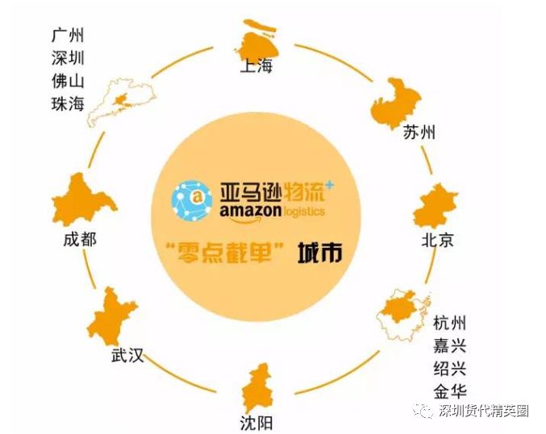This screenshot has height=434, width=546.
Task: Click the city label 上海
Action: [256, 65]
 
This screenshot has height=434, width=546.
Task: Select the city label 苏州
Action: [419, 132]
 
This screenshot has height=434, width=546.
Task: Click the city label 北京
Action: [437, 239]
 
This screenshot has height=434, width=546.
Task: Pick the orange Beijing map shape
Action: [435, 205]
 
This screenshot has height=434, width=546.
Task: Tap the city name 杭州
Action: [449, 324]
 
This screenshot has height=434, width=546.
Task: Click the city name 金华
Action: [449, 391]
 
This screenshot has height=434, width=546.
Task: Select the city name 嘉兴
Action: [449, 346]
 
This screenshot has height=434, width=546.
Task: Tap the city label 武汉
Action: [127, 354]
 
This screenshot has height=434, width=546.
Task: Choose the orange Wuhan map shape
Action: [113, 317]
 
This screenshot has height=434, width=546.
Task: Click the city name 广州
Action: [68, 35]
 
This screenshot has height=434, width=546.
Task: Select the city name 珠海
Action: [68, 103]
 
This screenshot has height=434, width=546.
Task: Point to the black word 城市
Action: [319, 252]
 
